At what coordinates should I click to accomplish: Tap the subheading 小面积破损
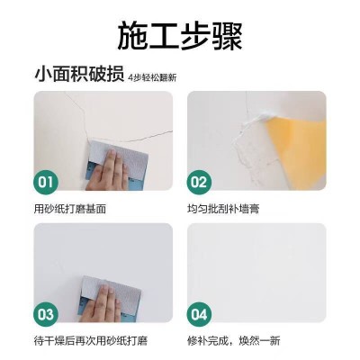72,75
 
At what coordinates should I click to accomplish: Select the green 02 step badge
200,184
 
